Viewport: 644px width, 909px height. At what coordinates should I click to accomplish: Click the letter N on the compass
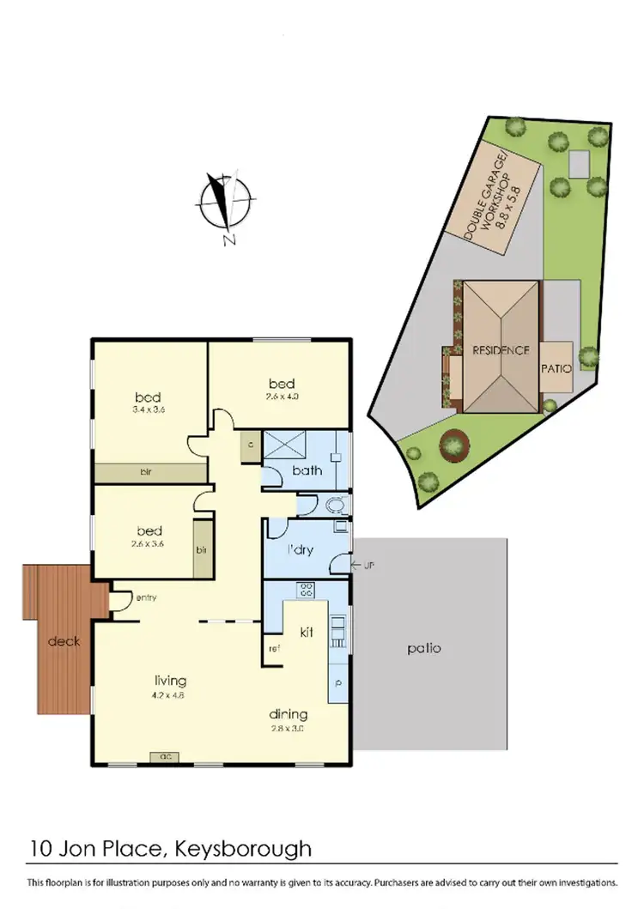(229, 240)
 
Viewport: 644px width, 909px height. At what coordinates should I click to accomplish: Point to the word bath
(307, 470)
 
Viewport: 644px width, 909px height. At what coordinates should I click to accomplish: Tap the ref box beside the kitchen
(274, 648)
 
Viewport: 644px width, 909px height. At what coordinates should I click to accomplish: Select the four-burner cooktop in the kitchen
(307, 590)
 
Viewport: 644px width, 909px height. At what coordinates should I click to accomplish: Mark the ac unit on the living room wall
(165, 757)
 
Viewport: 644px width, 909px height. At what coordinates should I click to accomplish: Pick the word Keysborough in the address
(242, 850)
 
